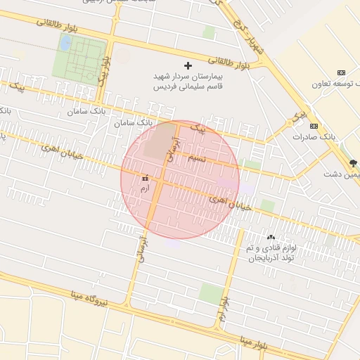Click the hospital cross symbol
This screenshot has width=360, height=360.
pos(187,65)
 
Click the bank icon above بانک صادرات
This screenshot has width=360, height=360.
pos(314,127)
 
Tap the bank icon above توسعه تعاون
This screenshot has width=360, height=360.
pos(341,72)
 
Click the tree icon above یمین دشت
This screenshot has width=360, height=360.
pos(353,162)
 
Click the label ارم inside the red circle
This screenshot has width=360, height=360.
pos(145,188)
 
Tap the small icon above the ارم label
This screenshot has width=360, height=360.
pos(145,178)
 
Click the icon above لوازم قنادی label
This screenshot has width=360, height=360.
pos(271,237)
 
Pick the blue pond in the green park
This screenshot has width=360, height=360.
pos(65,44)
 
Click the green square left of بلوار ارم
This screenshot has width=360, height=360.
pos(209,293)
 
